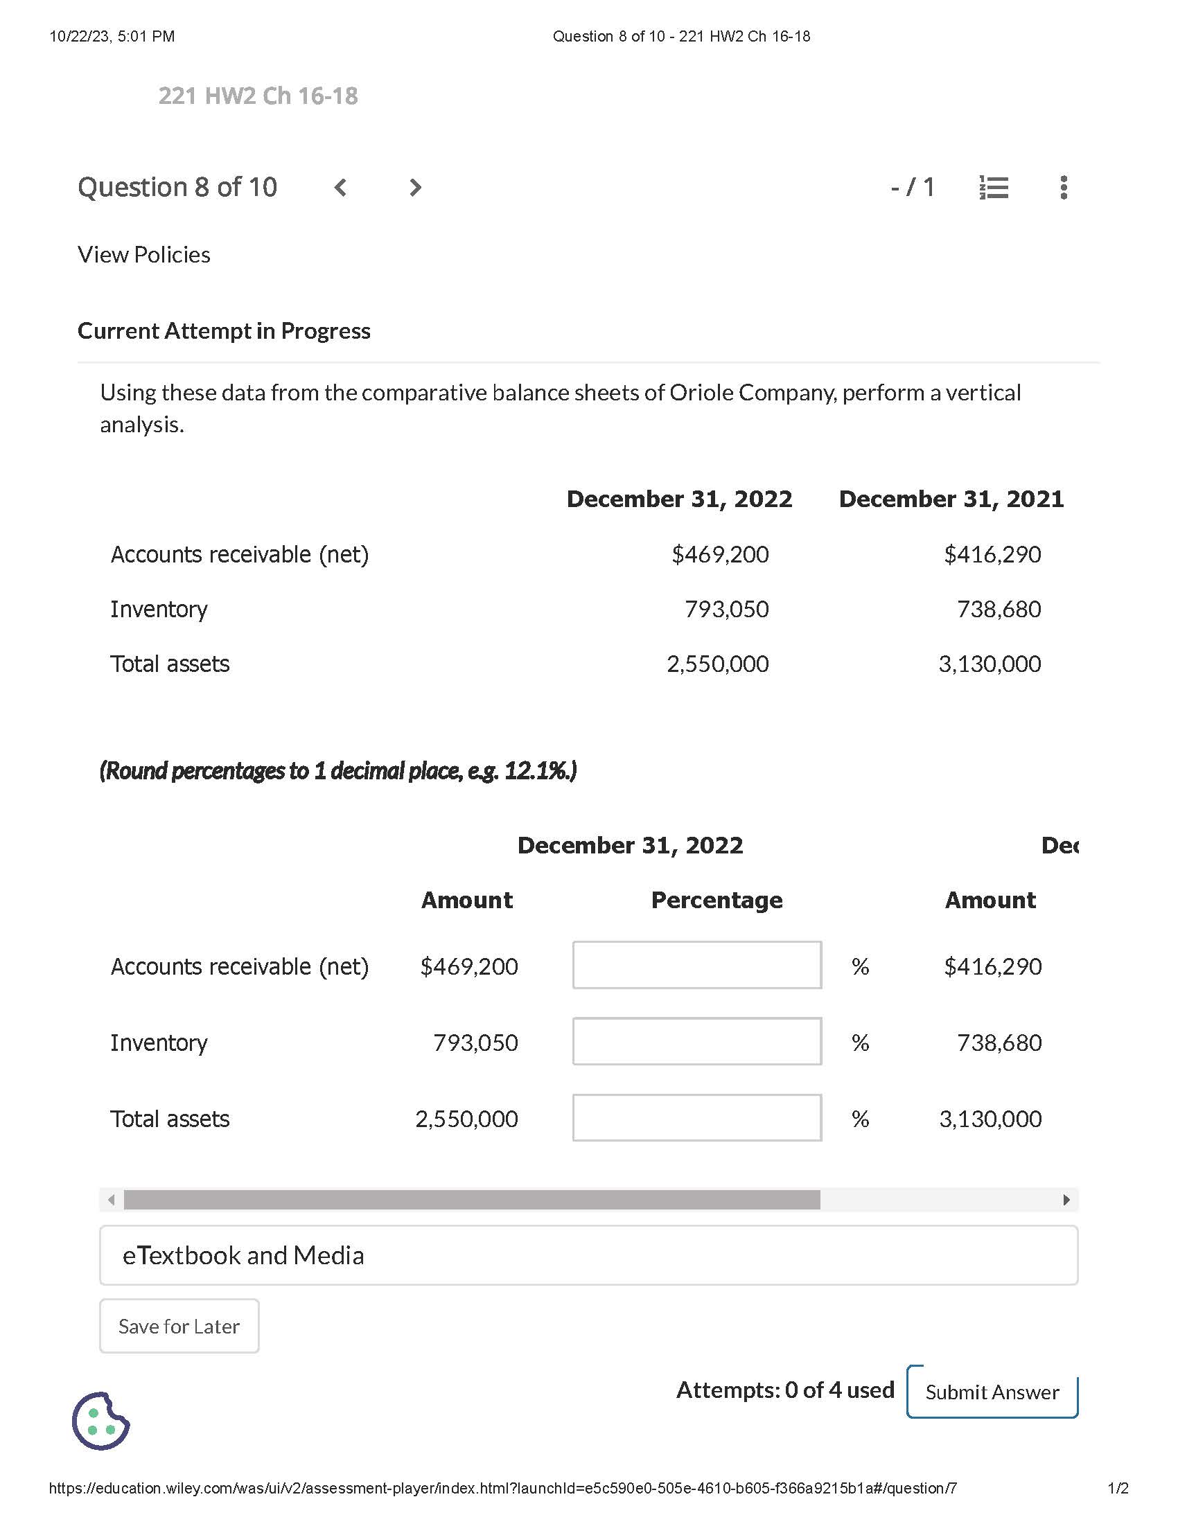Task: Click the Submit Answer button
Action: pyautogui.click(x=992, y=1392)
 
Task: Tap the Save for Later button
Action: pyautogui.click(x=179, y=1326)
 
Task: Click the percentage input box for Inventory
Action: pyautogui.click(x=696, y=1042)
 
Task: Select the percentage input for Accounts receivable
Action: pyautogui.click(x=696, y=966)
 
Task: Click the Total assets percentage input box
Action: pyautogui.click(x=696, y=1118)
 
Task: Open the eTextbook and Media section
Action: pyautogui.click(x=588, y=1255)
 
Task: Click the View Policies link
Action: pyautogui.click(x=143, y=255)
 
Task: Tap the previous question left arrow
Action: pyautogui.click(x=340, y=188)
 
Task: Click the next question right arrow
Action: pyautogui.click(x=415, y=188)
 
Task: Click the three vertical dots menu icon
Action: pyautogui.click(x=1063, y=188)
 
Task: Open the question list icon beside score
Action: pyautogui.click(x=994, y=188)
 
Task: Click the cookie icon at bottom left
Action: pyautogui.click(x=100, y=1421)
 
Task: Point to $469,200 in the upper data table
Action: pyautogui.click(x=719, y=555)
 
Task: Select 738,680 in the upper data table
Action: pyautogui.click(x=999, y=609)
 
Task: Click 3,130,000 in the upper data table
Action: pyautogui.click(x=990, y=664)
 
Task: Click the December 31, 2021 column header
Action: pyautogui.click(x=951, y=499)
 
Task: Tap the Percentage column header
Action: pyautogui.click(x=717, y=900)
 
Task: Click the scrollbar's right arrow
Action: pyautogui.click(x=1066, y=1200)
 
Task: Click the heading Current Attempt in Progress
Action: pyautogui.click(x=223, y=330)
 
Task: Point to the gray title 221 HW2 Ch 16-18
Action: pyautogui.click(x=258, y=96)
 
